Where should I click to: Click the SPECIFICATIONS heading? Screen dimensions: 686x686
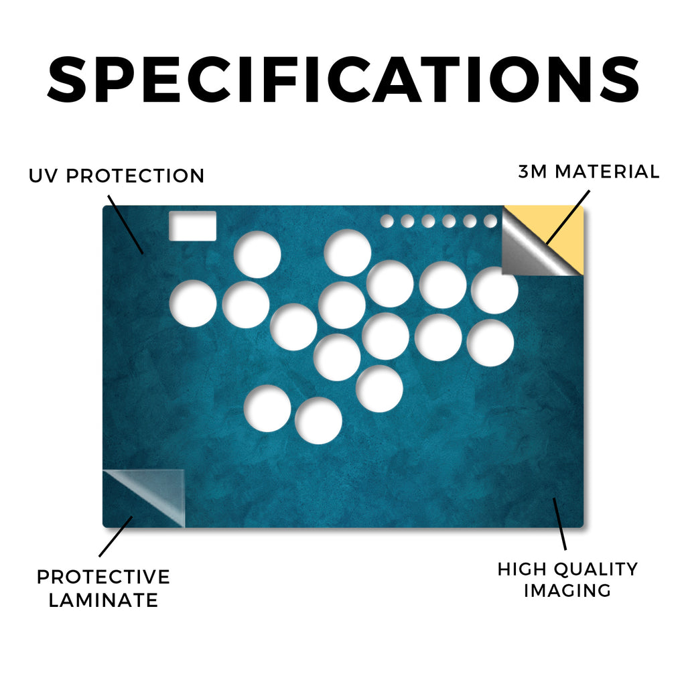(343, 79)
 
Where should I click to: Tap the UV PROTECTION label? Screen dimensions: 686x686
(117, 176)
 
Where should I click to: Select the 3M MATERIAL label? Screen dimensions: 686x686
(589, 171)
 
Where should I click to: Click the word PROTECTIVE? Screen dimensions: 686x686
(103, 577)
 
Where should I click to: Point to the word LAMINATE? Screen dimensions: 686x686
(103, 600)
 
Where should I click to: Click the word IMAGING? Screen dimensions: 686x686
(567, 591)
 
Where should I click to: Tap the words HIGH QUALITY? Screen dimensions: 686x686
(567, 569)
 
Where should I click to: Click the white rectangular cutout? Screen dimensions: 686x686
(192, 226)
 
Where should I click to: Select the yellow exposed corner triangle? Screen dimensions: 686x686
(564, 232)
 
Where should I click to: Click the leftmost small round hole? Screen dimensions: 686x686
(387, 221)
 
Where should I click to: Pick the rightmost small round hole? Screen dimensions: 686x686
(490, 221)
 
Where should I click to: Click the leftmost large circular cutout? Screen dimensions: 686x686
(193, 303)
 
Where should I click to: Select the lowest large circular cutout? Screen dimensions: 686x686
(318, 421)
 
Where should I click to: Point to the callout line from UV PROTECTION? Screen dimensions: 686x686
(125, 224)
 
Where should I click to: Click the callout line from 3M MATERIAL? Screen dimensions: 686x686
(568, 217)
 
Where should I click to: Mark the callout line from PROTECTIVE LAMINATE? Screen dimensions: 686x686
(115, 537)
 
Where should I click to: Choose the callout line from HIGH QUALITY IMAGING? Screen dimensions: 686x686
(559, 524)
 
